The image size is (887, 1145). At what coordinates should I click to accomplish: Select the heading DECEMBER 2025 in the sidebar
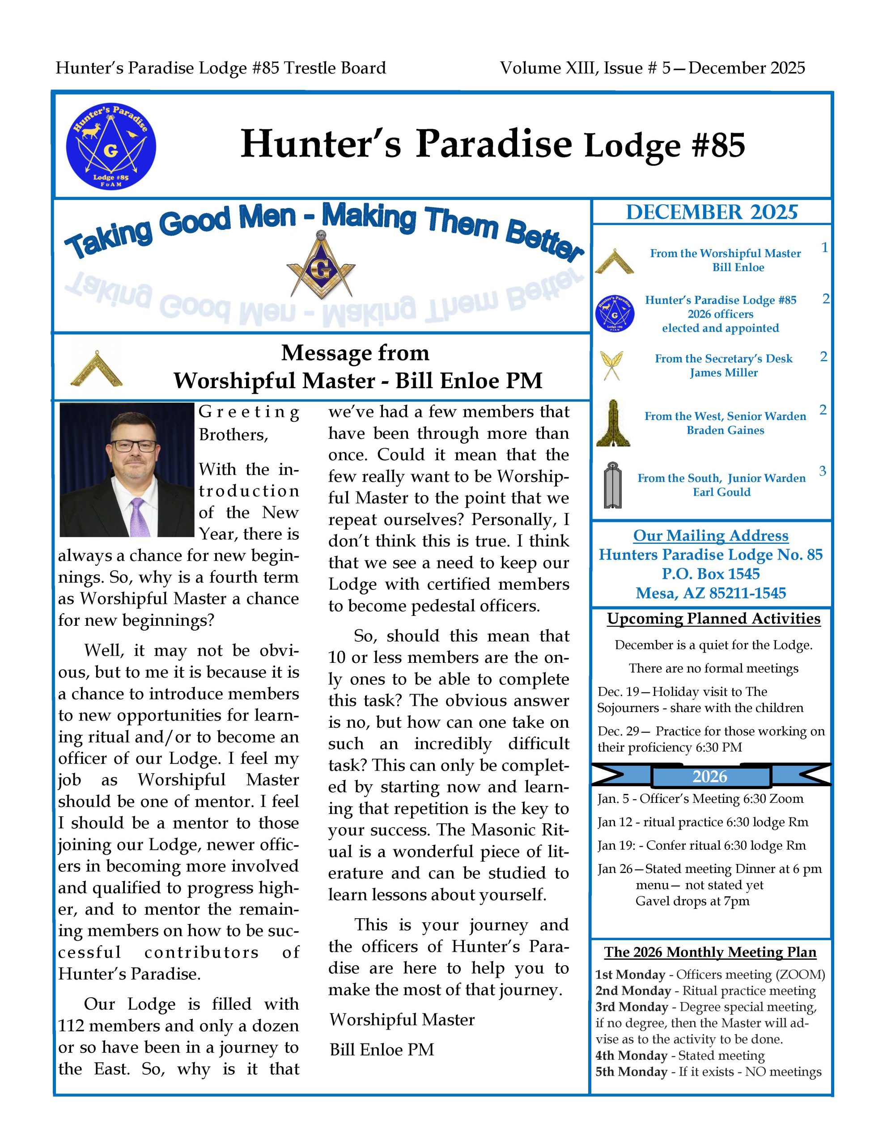tap(711, 212)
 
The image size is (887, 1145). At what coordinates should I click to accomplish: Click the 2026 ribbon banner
tap(710, 776)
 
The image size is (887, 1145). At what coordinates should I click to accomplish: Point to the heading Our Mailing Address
tap(710, 535)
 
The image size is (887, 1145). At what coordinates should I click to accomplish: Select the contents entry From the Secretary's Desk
tap(723, 359)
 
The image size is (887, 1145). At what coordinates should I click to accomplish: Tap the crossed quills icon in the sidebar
tap(611, 365)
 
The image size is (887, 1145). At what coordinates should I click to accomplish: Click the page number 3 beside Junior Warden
tap(822, 471)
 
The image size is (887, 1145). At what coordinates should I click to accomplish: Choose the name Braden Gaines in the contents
tap(725, 430)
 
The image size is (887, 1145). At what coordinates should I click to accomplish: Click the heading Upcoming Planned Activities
tap(713, 619)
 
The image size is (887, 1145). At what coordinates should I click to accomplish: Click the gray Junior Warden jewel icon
tap(612, 485)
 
